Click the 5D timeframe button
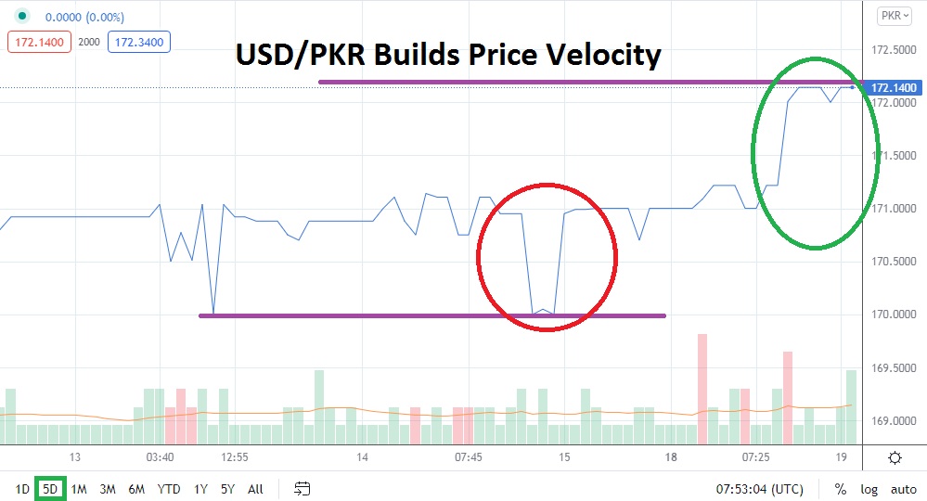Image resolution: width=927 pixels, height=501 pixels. [x=50, y=488]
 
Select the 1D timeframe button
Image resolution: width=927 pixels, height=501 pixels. [x=21, y=488]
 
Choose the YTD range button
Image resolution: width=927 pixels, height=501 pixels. [x=169, y=488]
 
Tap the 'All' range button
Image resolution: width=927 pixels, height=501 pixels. [x=255, y=488]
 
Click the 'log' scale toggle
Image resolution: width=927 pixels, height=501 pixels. [x=869, y=489]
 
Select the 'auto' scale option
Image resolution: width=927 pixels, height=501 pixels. [x=903, y=489]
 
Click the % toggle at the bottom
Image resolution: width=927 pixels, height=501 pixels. [x=840, y=489]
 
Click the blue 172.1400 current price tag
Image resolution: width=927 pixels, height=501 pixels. [x=894, y=87]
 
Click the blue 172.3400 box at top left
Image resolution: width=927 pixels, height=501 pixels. [x=139, y=42]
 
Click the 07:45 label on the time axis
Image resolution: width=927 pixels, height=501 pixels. [x=469, y=457]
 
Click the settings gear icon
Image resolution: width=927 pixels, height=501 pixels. [x=895, y=457]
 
